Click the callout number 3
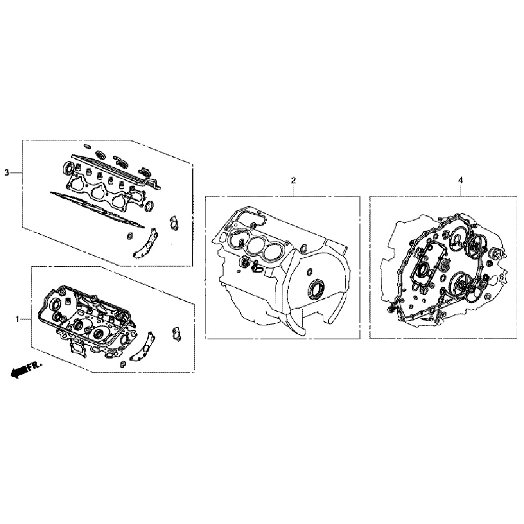coord(6,172)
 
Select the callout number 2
coord(293,180)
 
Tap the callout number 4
coord(461,180)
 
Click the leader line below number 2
coord(293,190)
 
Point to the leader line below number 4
coord(461,190)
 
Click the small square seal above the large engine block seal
coord(309,271)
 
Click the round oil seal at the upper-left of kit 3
coord(67,168)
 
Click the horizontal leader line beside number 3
coord(16,172)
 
